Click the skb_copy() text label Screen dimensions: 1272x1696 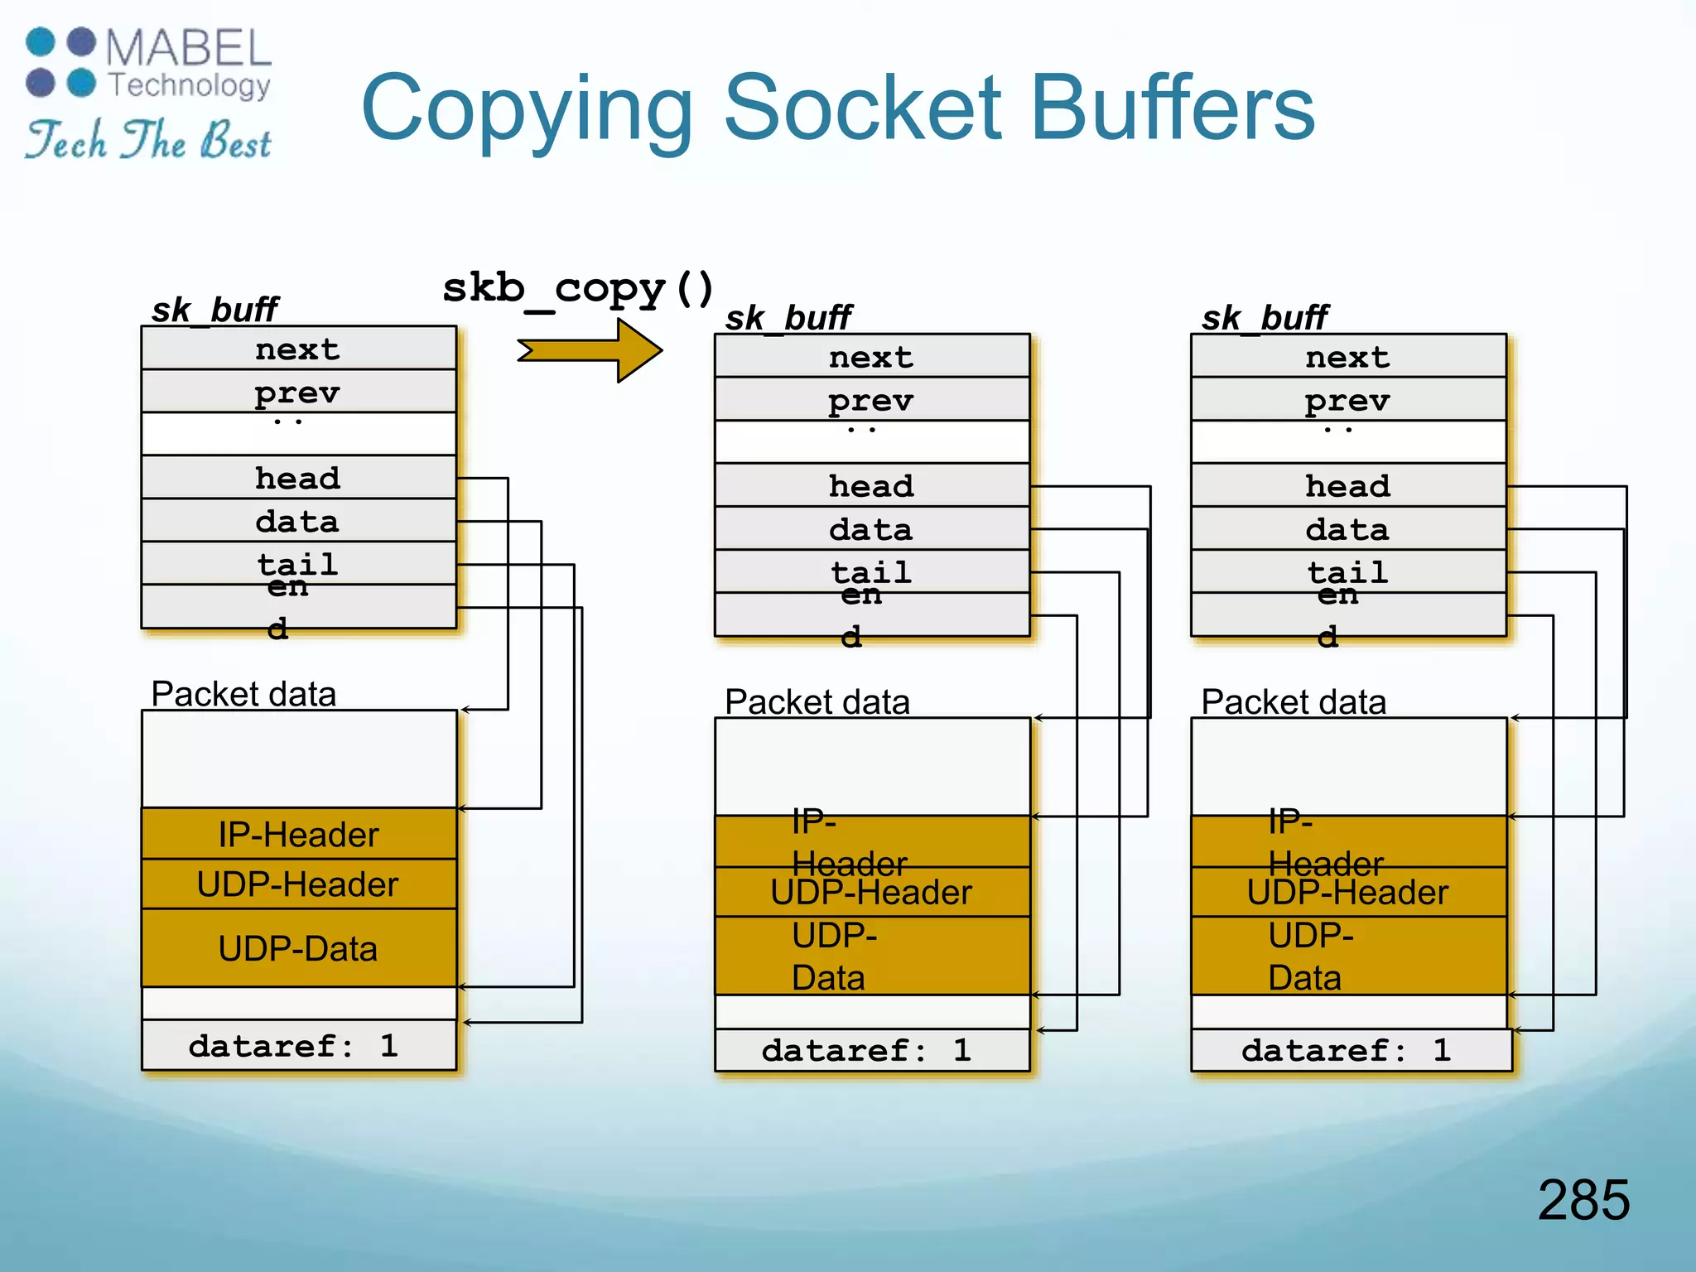[577, 289]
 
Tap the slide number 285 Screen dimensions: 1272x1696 [1583, 1199]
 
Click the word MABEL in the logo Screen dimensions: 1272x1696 [188, 48]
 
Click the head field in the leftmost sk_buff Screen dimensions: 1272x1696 [298, 478]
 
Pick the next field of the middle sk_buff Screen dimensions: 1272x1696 [871, 357]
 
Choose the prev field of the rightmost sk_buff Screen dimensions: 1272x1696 [1347, 400]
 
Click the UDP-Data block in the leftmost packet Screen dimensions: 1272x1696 [298, 948]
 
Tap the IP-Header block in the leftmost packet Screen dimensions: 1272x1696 [298, 834]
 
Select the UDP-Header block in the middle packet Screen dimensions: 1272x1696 [871, 893]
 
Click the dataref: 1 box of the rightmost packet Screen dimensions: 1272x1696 [1350, 1050]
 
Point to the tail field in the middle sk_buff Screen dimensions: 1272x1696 [871, 571]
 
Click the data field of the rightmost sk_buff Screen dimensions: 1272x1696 [1347, 529]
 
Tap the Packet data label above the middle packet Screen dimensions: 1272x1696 [817, 701]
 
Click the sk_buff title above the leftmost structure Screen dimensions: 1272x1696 [214, 310]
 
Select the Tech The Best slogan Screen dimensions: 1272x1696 [148, 139]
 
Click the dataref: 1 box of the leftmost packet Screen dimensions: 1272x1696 [298, 1045]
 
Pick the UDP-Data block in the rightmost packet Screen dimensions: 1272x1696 [1347, 956]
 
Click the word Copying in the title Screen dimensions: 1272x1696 [527, 108]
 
